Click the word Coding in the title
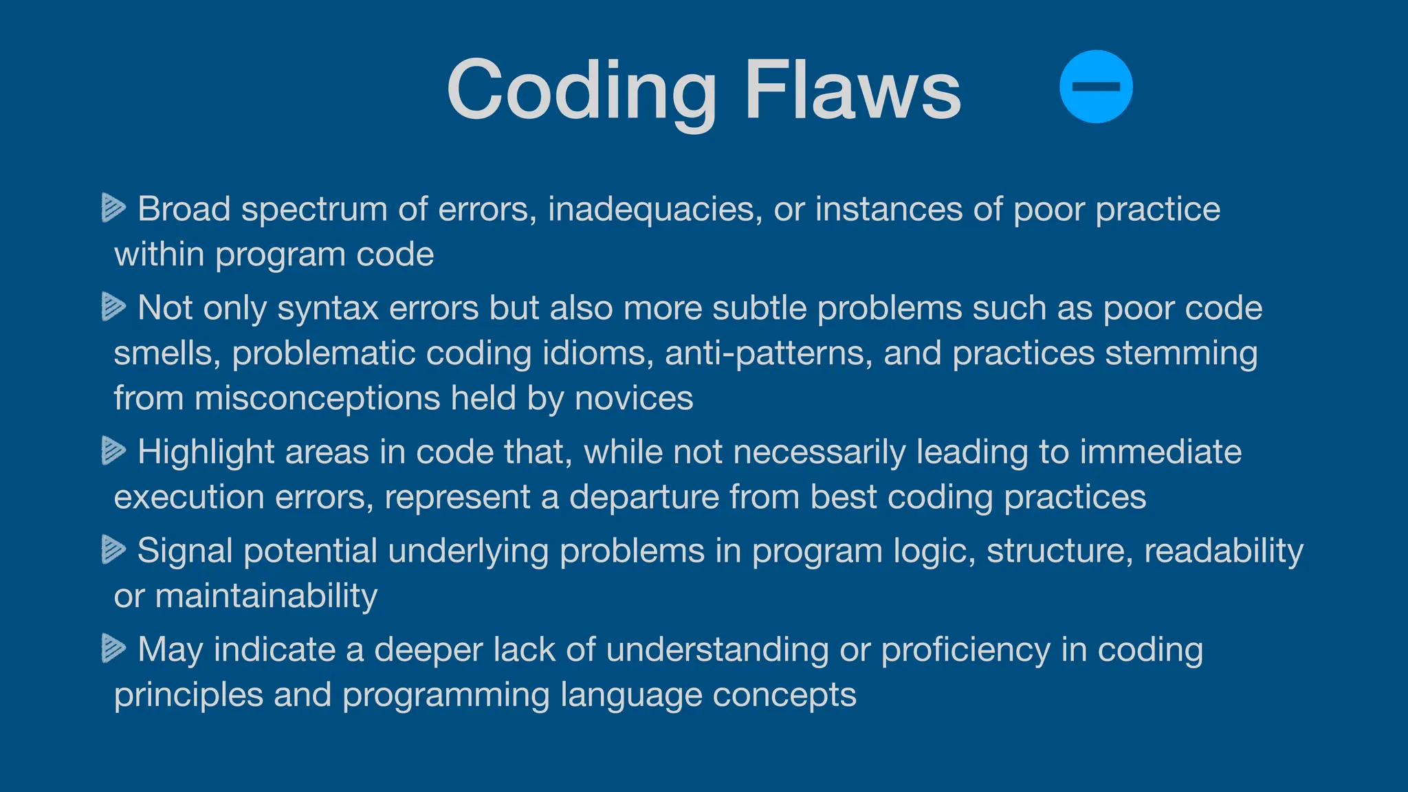point(581,90)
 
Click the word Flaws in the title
point(852,90)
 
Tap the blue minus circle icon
point(1096,87)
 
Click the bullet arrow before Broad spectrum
point(113,208)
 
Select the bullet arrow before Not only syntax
point(113,307)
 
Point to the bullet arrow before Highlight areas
point(113,451)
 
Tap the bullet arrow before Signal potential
point(113,550)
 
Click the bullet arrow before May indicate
point(113,648)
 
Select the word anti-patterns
point(768,353)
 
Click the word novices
point(633,399)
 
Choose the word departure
point(643,498)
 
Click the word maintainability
point(266,595)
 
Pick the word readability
point(1223,551)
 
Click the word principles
point(188,695)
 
